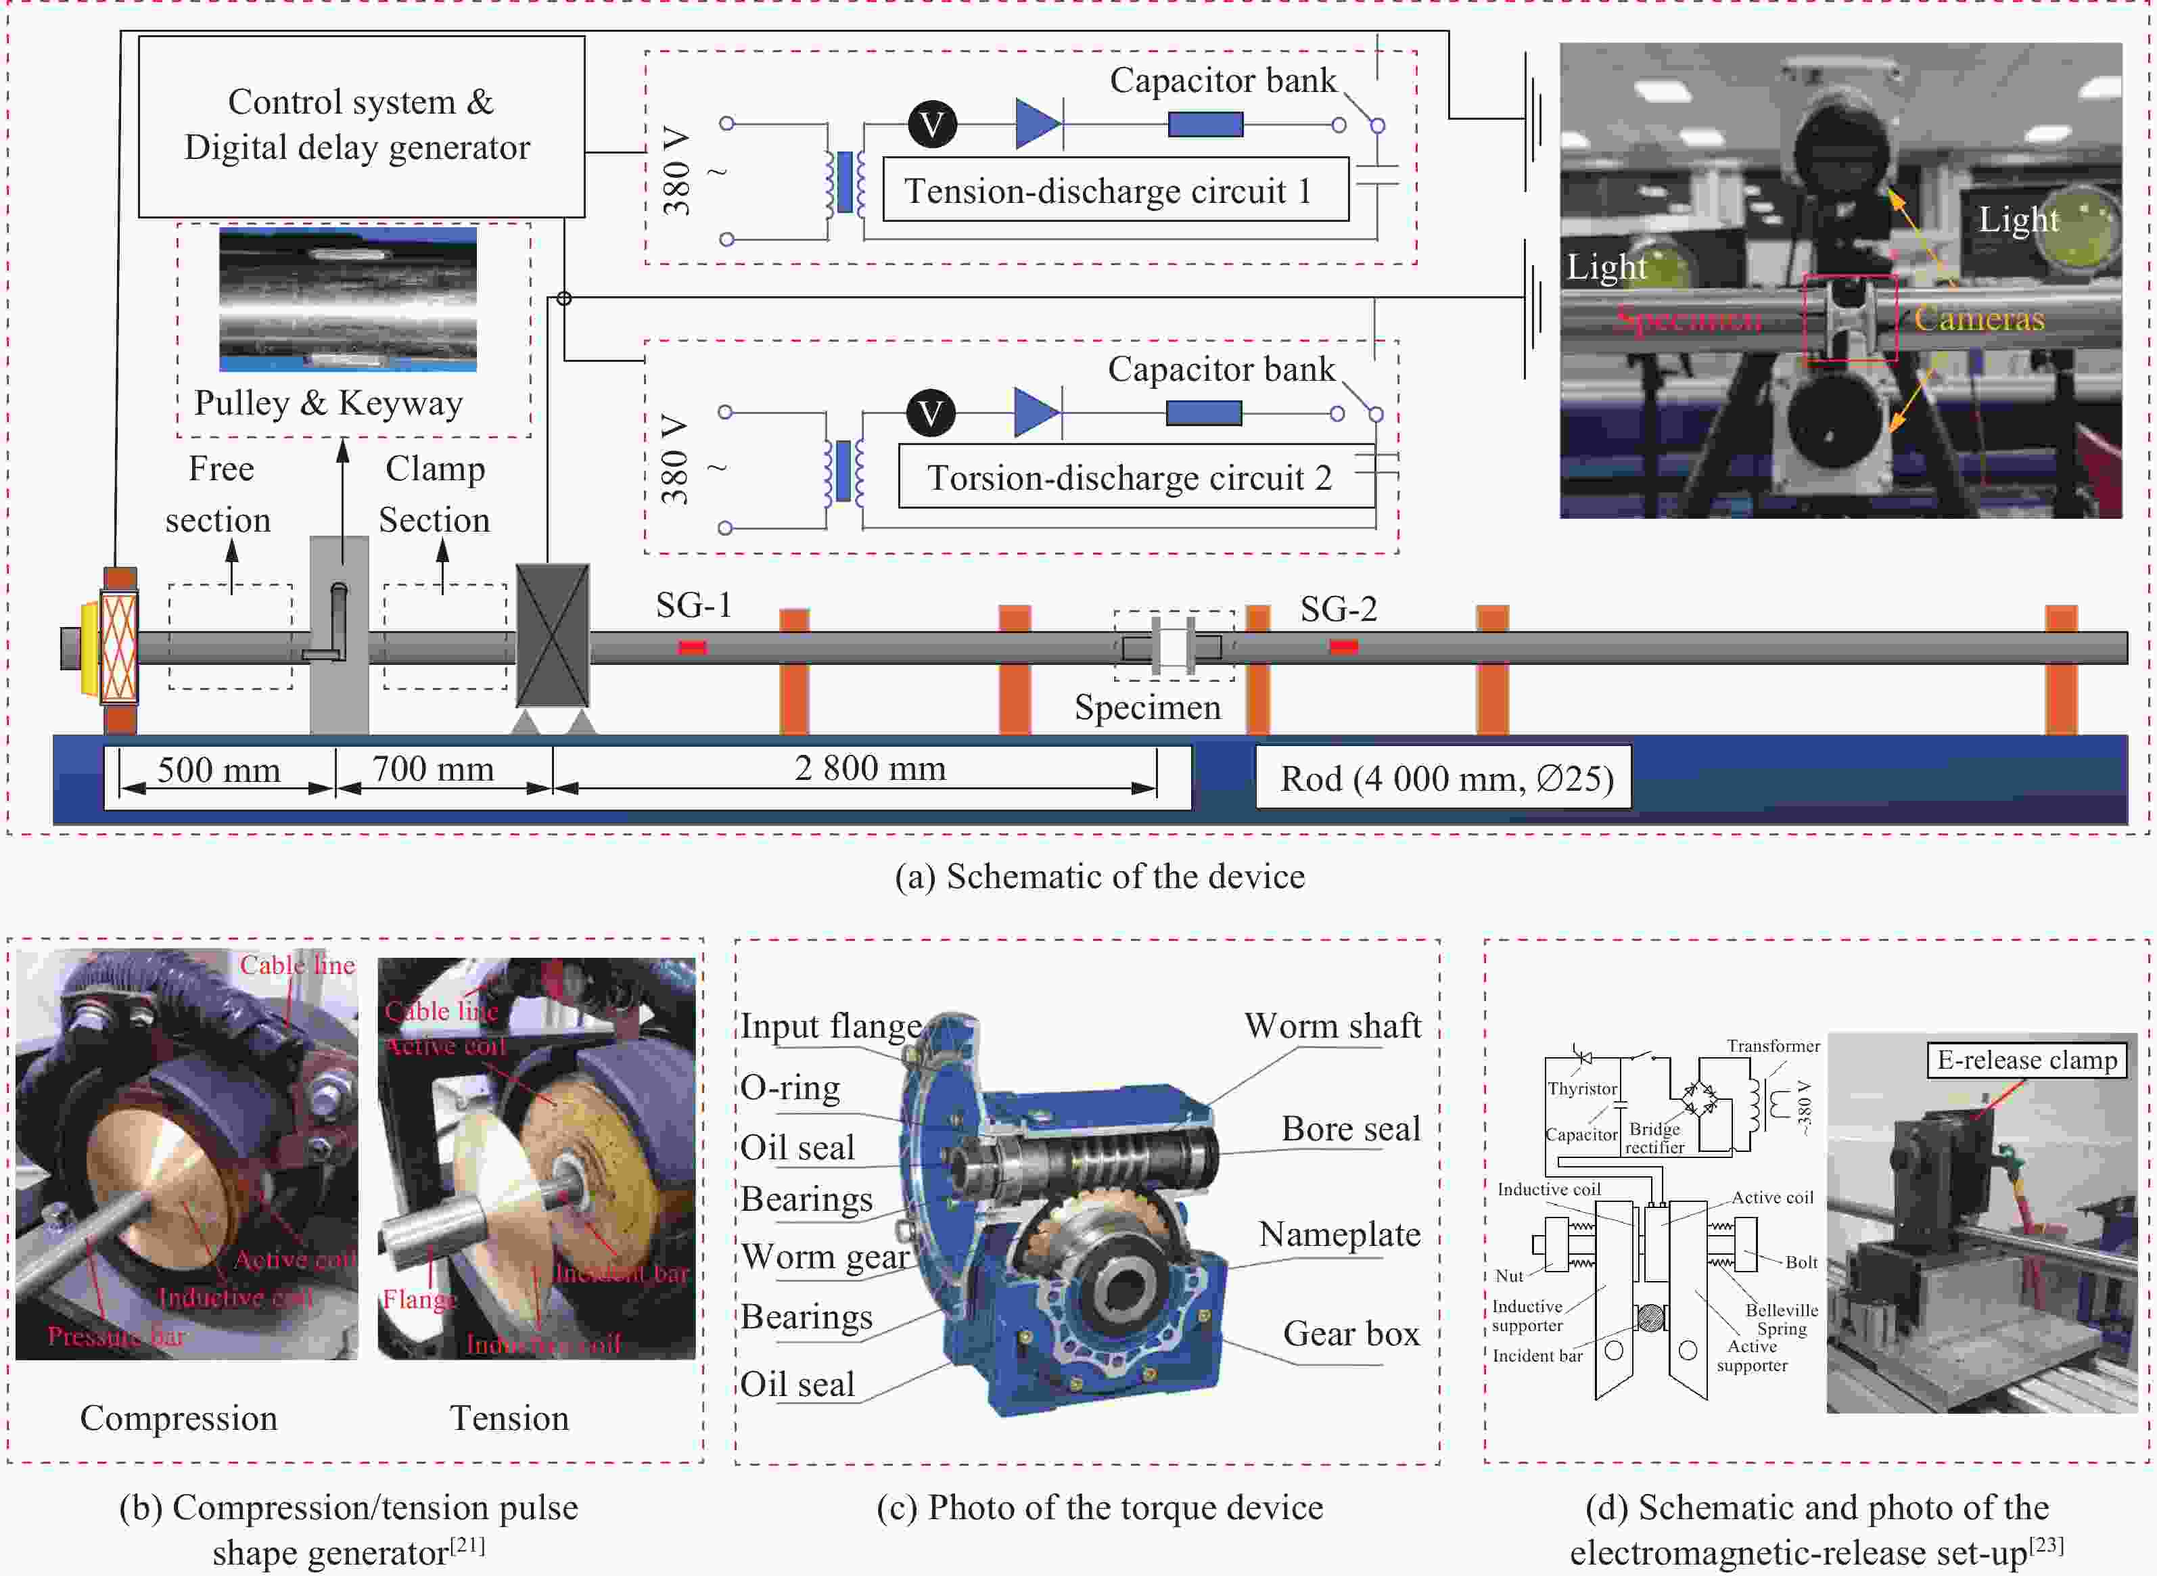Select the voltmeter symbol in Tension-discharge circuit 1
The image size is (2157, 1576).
point(932,124)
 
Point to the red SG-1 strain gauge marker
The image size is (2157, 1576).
point(693,648)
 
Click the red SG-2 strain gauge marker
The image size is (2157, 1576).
point(1343,647)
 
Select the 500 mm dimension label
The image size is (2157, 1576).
point(218,770)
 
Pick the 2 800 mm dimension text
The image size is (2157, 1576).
point(870,768)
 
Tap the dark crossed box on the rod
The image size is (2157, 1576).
point(553,635)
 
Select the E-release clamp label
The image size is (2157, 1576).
point(2026,1060)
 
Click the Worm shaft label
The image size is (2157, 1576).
point(1332,1025)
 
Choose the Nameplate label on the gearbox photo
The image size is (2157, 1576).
point(1339,1234)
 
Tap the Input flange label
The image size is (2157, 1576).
point(831,1025)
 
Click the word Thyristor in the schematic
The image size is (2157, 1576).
point(1582,1088)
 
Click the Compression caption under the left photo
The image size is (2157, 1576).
point(179,1418)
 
